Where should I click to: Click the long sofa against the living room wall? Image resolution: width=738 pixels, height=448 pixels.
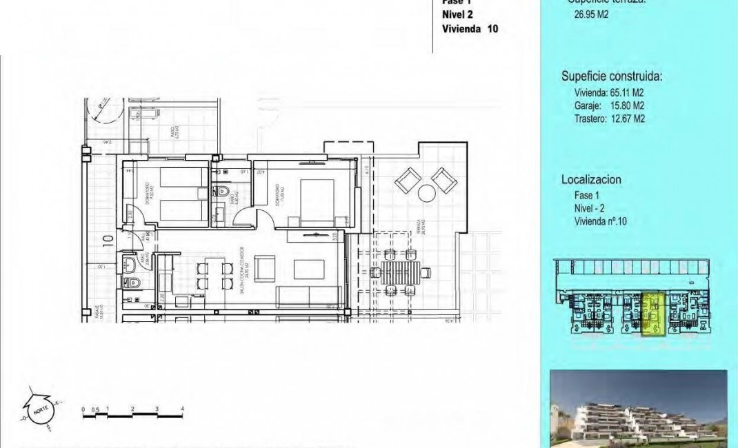pyautogui.click(x=310, y=296)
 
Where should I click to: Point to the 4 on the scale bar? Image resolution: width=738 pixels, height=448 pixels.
pyautogui.click(x=183, y=409)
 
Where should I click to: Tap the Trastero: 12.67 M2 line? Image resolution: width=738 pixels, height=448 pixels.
pyautogui.click(x=609, y=119)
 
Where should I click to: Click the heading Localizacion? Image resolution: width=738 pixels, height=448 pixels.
pyautogui.click(x=591, y=179)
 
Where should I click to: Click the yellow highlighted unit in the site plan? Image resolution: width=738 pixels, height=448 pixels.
pyautogui.click(x=651, y=314)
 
